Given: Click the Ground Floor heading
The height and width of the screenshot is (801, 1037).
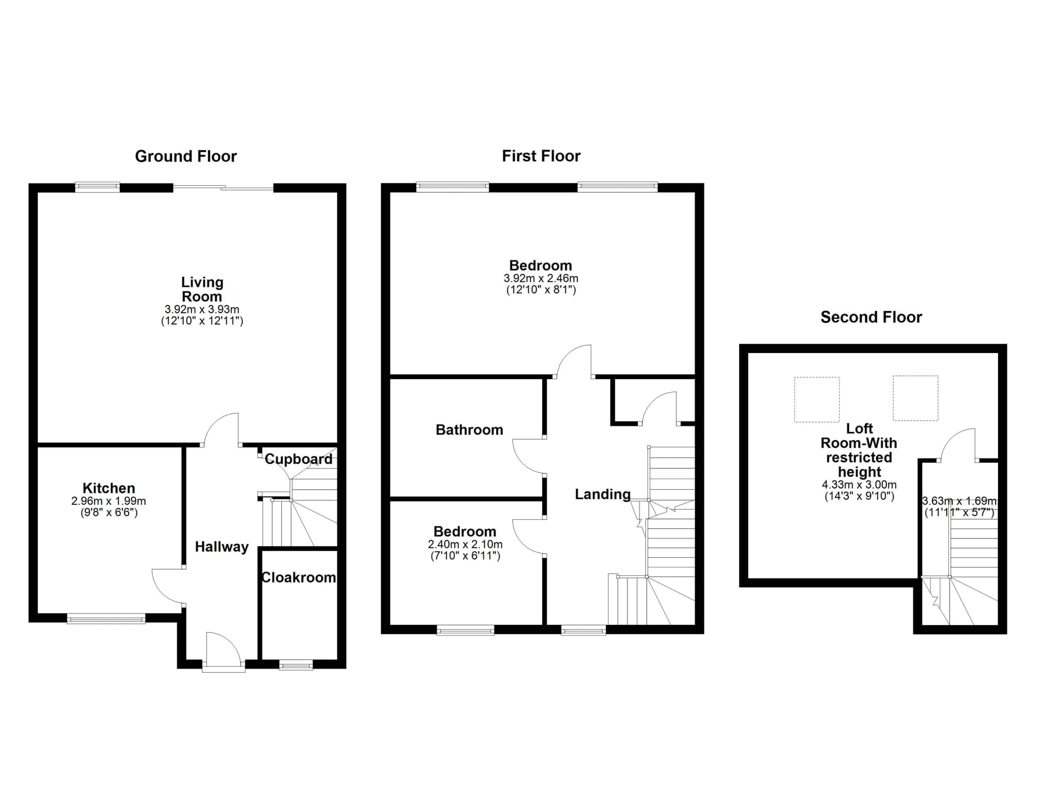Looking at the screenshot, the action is pos(186,156).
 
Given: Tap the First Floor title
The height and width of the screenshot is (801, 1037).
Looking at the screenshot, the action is pos(541,156).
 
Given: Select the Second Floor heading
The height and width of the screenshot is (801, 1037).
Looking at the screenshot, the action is pos(871,317).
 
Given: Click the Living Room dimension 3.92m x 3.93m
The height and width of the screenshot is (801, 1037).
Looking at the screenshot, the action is pos(202,309).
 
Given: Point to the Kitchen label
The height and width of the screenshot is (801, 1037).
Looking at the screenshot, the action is pos(109,488).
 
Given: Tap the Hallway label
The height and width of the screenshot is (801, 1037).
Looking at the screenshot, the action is pos(222,547).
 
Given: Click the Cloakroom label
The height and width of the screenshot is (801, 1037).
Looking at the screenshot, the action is pos(299,577).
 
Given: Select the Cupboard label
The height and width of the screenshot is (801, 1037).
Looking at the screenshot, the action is pos(299,459).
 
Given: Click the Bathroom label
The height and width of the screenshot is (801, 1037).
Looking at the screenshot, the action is pos(469,430).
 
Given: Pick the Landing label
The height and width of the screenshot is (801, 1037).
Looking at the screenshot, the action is pos(602,494).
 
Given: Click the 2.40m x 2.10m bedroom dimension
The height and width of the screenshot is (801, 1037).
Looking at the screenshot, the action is pos(465,545).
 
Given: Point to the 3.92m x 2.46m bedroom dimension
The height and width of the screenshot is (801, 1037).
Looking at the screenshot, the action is pos(541,278).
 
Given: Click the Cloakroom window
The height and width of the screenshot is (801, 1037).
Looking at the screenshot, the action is pos(296,665).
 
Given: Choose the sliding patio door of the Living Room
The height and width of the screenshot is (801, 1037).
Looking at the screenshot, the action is pos(223,187).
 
